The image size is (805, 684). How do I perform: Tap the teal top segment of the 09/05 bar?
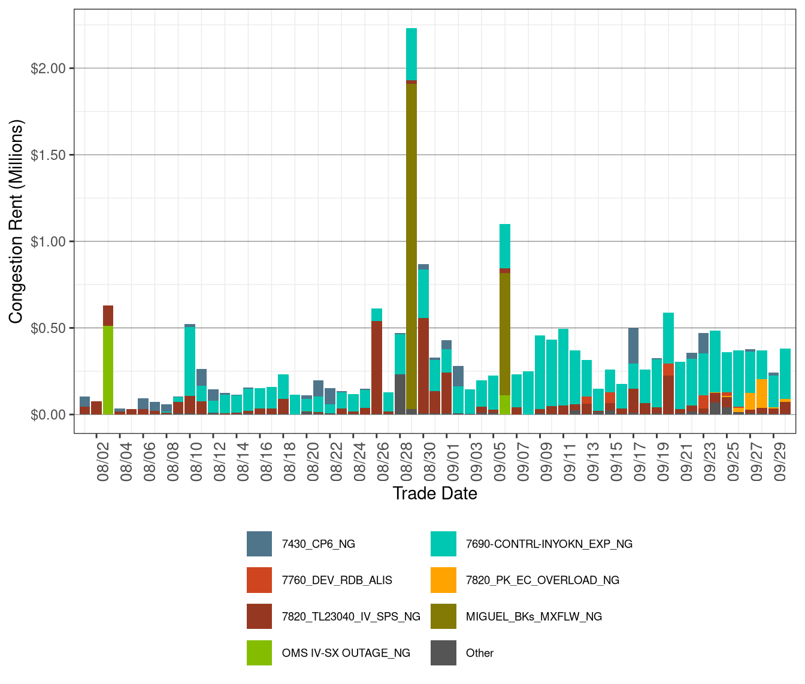pos(505,246)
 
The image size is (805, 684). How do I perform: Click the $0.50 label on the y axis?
pos(49,328)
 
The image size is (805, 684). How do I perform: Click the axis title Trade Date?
pos(435,494)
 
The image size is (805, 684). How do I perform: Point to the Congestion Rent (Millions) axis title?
pos(16,222)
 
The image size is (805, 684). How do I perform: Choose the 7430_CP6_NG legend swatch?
pos(259,544)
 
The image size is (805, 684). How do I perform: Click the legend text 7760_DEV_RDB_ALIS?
pos(337,580)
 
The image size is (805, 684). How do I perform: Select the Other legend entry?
pos(479,653)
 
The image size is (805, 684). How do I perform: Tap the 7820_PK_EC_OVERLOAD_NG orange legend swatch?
pos(443,580)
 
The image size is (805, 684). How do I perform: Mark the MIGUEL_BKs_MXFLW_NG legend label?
pos(534,617)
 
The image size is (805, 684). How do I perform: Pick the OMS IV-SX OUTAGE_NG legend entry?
pos(346,653)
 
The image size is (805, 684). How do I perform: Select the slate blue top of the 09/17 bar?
pos(633,346)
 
